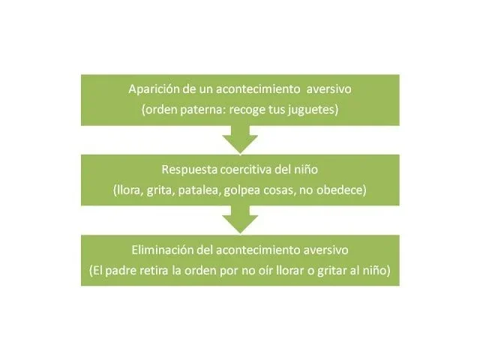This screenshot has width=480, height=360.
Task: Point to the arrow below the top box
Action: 240,138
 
